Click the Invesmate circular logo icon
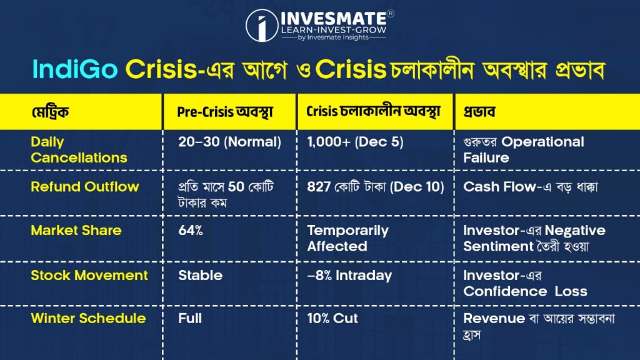[x=262, y=25]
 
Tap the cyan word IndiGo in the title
[x=75, y=69]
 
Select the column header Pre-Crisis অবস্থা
[x=225, y=112]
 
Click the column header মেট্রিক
[x=50, y=112]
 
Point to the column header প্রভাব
[x=479, y=112]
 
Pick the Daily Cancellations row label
[x=79, y=150]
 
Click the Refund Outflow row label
[x=85, y=187]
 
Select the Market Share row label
[x=76, y=231]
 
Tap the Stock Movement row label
[x=89, y=276]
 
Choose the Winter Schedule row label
[x=88, y=318]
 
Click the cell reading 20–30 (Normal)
[x=230, y=142]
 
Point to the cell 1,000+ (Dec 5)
[x=355, y=142]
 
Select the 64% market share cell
[x=191, y=231]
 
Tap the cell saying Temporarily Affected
[x=347, y=238]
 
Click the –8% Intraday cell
[x=349, y=276]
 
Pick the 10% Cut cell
[x=332, y=318]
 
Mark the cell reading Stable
[x=201, y=276]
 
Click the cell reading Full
[x=190, y=318]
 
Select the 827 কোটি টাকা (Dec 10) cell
[x=376, y=187]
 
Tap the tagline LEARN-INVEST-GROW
[x=334, y=30]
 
